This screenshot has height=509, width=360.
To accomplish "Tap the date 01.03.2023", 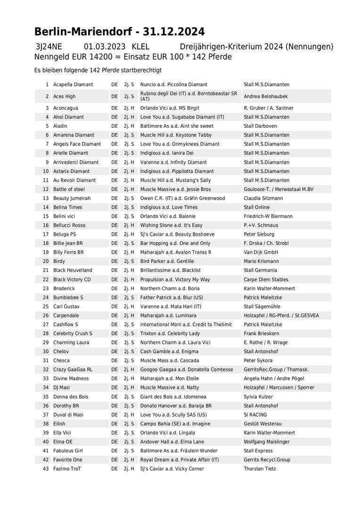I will (105, 47).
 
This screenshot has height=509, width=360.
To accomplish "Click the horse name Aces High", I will (64, 96).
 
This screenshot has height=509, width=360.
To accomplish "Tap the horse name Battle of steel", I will (69, 189).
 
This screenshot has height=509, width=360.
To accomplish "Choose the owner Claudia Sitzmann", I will (263, 198).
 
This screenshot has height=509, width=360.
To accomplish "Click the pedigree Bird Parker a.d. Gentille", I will (167, 261).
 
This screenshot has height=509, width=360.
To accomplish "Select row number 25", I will (46, 306).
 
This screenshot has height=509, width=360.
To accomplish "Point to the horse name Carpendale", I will (66, 315).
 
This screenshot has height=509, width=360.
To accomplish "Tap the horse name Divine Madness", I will (71, 378).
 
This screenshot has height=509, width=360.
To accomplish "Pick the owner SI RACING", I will (255, 415).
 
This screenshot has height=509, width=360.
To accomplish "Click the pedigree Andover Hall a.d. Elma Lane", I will (172, 442).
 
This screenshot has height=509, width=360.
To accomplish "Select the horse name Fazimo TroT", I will (67, 468).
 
